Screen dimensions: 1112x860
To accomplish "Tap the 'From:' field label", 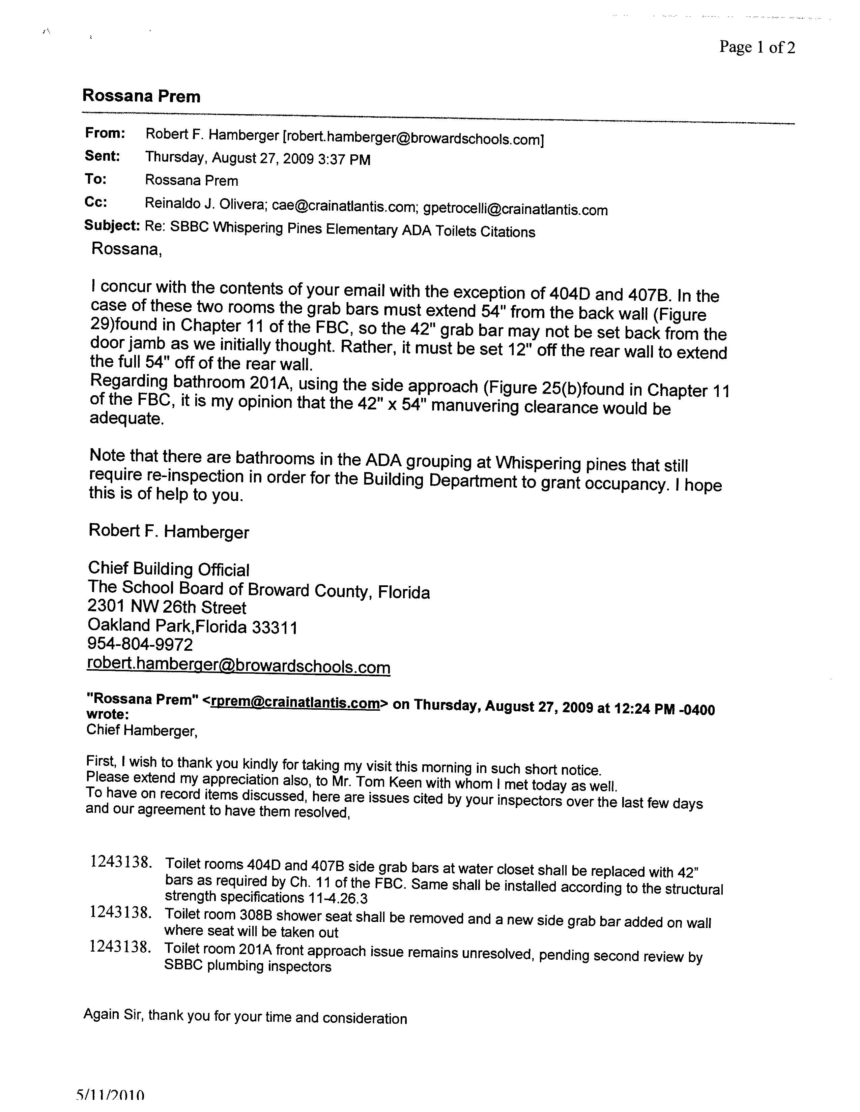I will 105,133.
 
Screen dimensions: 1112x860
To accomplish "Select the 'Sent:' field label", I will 103,156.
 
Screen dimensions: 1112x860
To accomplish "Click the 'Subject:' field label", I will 112,225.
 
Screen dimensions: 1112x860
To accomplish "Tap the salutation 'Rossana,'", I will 126,249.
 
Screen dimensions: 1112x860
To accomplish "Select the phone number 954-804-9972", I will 140,645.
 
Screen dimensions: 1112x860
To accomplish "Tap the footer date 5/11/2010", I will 110,1105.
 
